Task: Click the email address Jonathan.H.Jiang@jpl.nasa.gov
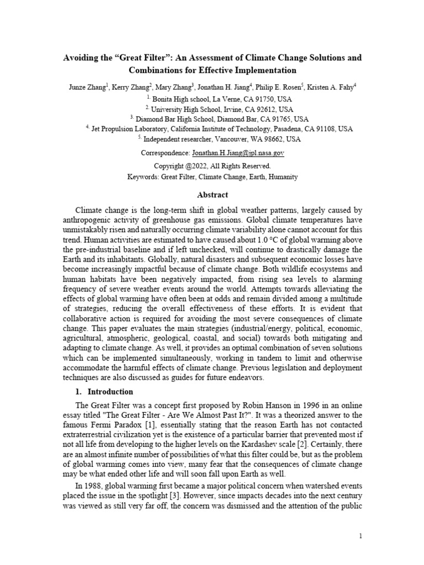(x=238, y=153)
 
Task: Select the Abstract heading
(x=213, y=195)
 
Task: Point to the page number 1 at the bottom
(x=360, y=536)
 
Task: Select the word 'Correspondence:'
(x=165, y=153)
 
